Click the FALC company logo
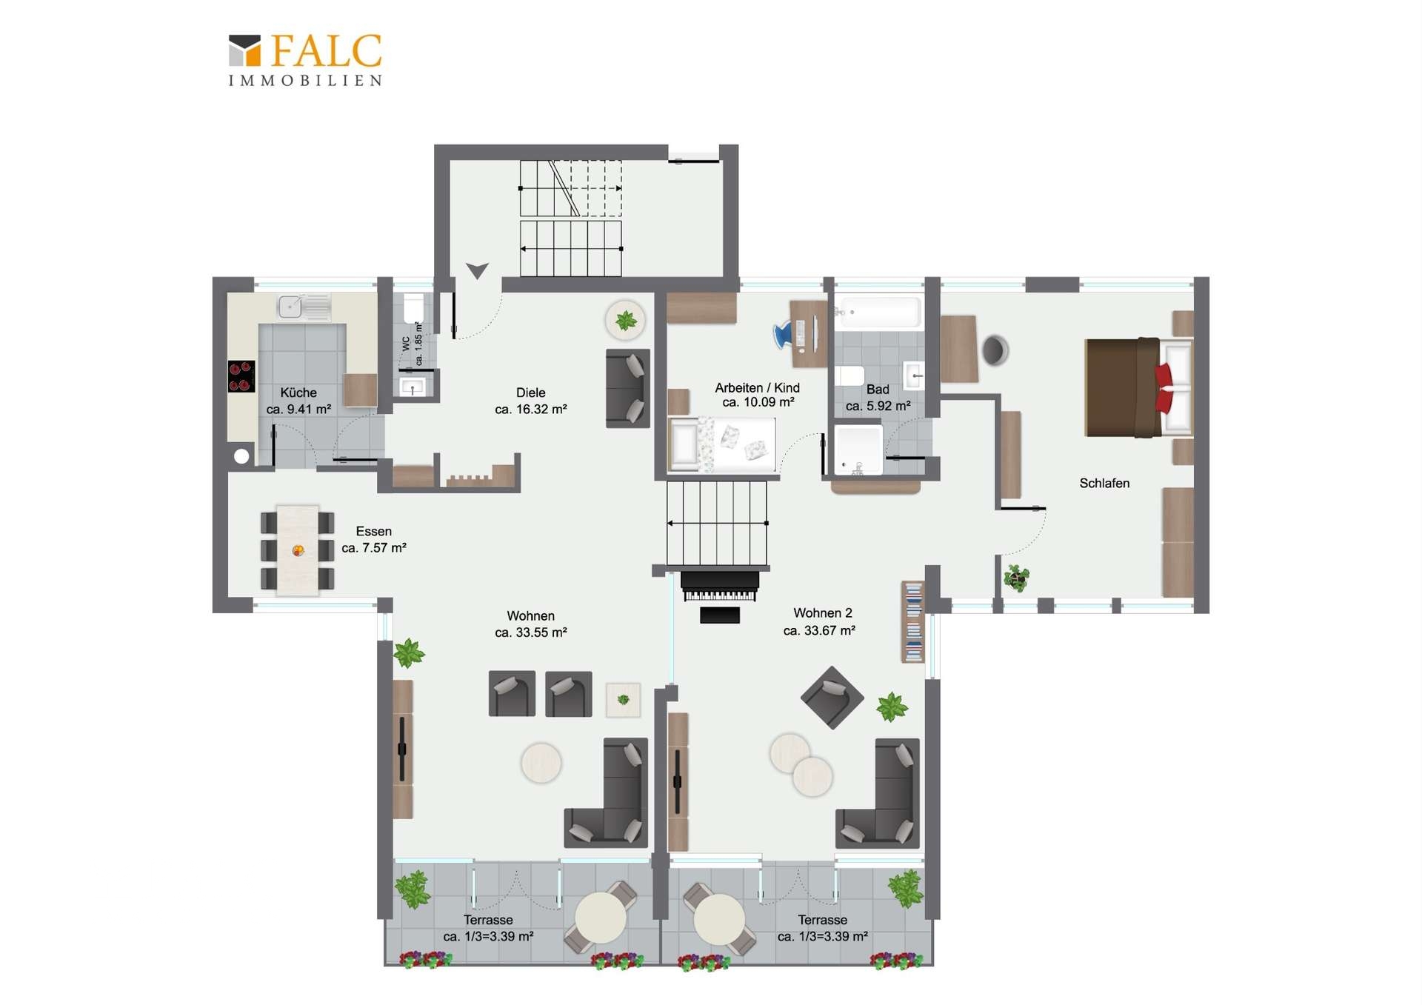pos(305,59)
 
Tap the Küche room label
pos(298,393)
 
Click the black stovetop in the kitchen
pos(241,376)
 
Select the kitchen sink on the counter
pos(304,307)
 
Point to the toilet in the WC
pos(413,308)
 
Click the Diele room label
pos(531,393)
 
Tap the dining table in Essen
pos(298,550)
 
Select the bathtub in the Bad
pos(878,313)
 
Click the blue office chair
pos(783,335)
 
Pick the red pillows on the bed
pos(1164,387)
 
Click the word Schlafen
pos(1104,483)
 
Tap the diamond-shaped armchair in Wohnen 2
pos(832,698)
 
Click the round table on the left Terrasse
pos(601,918)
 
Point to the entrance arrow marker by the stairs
pos(477,271)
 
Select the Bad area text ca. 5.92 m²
pos(878,406)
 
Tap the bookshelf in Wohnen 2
pos(913,621)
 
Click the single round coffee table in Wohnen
pos(541,763)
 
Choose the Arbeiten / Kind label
pos(757,387)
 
